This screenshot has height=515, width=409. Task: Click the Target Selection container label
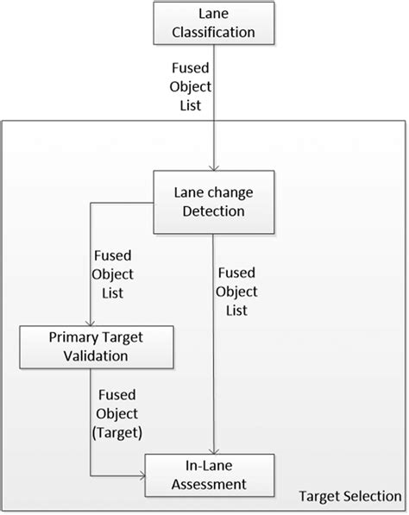(349, 498)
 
